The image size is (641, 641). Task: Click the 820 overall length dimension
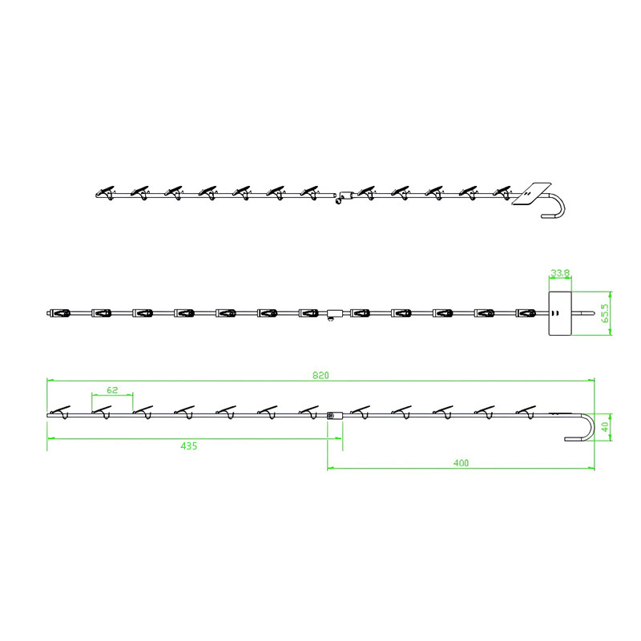(320, 375)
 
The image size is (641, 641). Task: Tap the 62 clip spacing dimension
(112, 390)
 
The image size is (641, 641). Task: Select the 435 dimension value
(189, 445)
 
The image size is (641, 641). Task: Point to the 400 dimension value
(462, 463)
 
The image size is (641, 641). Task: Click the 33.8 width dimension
(560, 272)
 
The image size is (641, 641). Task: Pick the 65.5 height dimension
(606, 313)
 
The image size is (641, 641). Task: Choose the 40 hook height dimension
(606, 427)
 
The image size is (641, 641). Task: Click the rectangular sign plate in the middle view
(559, 313)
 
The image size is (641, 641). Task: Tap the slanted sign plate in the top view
(532, 193)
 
